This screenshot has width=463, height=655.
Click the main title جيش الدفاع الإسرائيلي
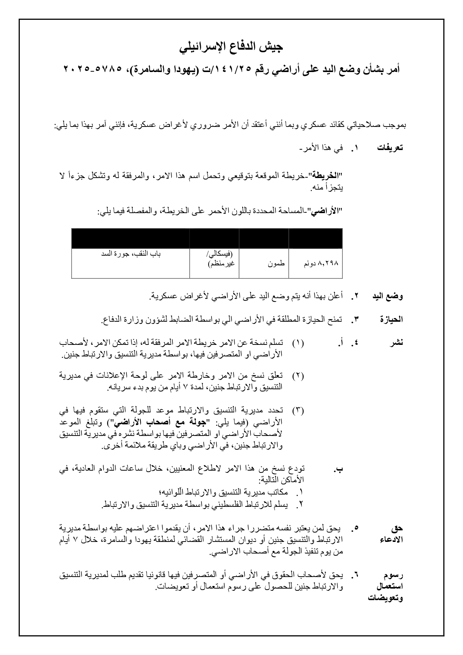click(231, 47)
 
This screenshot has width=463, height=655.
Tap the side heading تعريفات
click(390, 148)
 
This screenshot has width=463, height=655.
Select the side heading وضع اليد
click(388, 297)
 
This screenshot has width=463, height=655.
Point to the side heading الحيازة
click(391, 319)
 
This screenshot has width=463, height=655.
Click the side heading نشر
click(397, 343)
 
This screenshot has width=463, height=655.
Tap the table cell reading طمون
click(276, 263)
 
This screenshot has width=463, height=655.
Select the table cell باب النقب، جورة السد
click(131, 254)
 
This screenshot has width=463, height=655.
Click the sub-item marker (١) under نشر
click(298, 343)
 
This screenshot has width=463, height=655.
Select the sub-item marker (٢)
click(298, 376)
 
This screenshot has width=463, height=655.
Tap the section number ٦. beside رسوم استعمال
click(354, 575)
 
